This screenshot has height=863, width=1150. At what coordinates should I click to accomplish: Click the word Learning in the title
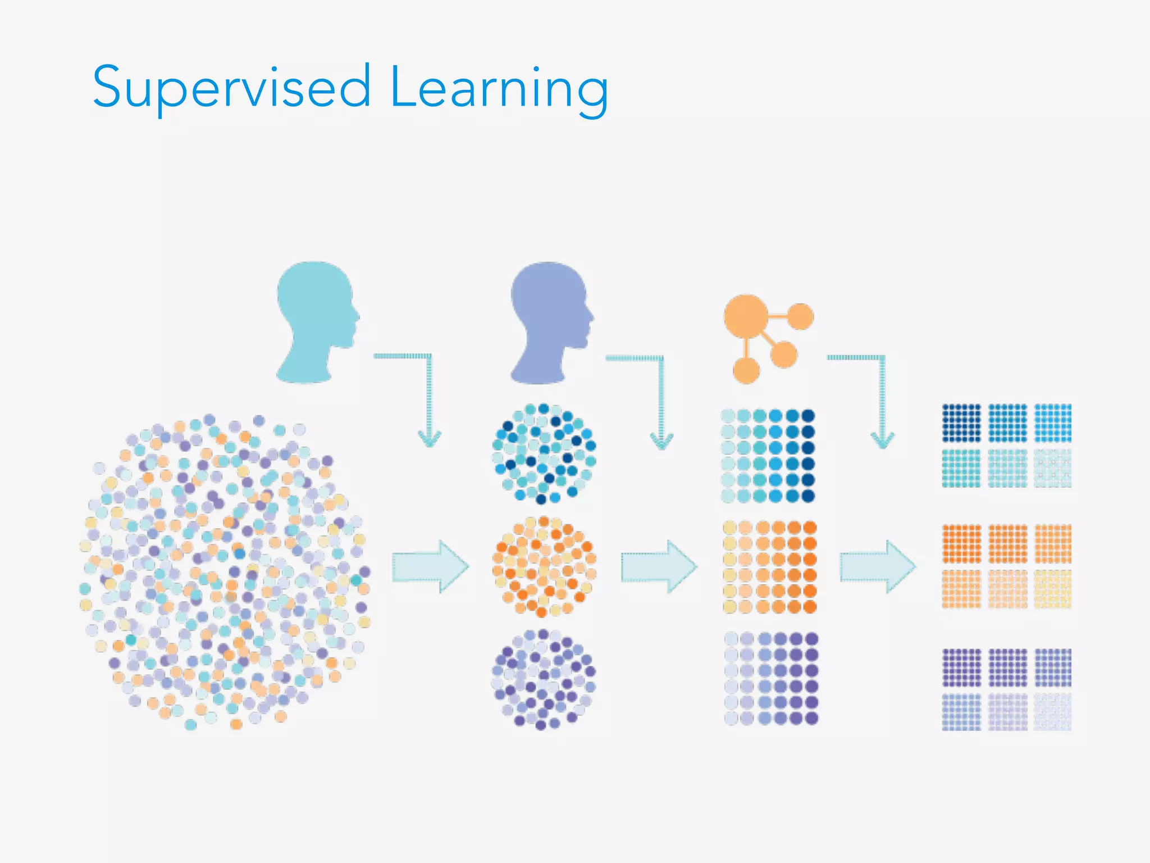click(499, 87)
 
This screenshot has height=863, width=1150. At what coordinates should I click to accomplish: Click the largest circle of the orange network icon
click(746, 316)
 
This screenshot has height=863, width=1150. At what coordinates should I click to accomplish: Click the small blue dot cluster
click(544, 453)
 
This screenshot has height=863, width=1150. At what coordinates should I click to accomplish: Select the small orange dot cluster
click(544, 566)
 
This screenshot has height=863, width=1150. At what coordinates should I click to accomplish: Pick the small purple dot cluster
click(544, 679)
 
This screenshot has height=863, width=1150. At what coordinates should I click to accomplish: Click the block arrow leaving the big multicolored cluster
click(430, 566)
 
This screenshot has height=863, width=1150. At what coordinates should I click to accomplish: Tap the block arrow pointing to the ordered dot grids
click(659, 566)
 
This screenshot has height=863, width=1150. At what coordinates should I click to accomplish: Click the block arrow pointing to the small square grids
click(878, 566)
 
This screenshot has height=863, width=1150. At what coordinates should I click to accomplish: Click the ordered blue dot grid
click(768, 456)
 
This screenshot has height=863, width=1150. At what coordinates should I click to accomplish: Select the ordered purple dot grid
click(770, 678)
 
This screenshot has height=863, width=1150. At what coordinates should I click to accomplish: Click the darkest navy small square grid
click(961, 423)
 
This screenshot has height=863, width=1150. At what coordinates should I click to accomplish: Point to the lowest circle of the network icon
click(746, 371)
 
